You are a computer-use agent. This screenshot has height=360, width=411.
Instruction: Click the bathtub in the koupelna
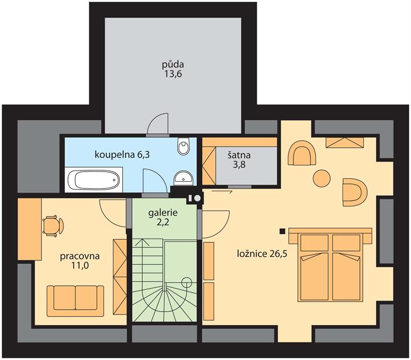(93, 180)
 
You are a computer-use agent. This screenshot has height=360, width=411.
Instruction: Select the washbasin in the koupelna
(183, 178)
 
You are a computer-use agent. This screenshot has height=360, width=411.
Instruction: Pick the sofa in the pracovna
(75, 301)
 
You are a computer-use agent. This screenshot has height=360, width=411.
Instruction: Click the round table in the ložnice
(322, 178)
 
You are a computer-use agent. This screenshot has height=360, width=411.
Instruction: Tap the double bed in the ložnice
(330, 264)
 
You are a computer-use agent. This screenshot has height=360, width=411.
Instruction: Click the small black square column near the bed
(282, 231)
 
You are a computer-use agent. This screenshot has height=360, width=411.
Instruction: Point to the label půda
(173, 64)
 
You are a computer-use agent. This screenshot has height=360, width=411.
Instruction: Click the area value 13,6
(173, 74)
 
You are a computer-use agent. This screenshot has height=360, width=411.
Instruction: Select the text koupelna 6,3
(122, 155)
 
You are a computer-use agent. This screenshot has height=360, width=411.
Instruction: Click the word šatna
(239, 155)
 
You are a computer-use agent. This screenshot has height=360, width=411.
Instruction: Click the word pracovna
(80, 256)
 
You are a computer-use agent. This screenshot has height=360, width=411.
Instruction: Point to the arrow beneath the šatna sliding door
(222, 192)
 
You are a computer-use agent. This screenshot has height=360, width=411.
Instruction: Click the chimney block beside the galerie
(194, 198)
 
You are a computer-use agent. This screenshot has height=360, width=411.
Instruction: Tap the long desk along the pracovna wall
(30, 229)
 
